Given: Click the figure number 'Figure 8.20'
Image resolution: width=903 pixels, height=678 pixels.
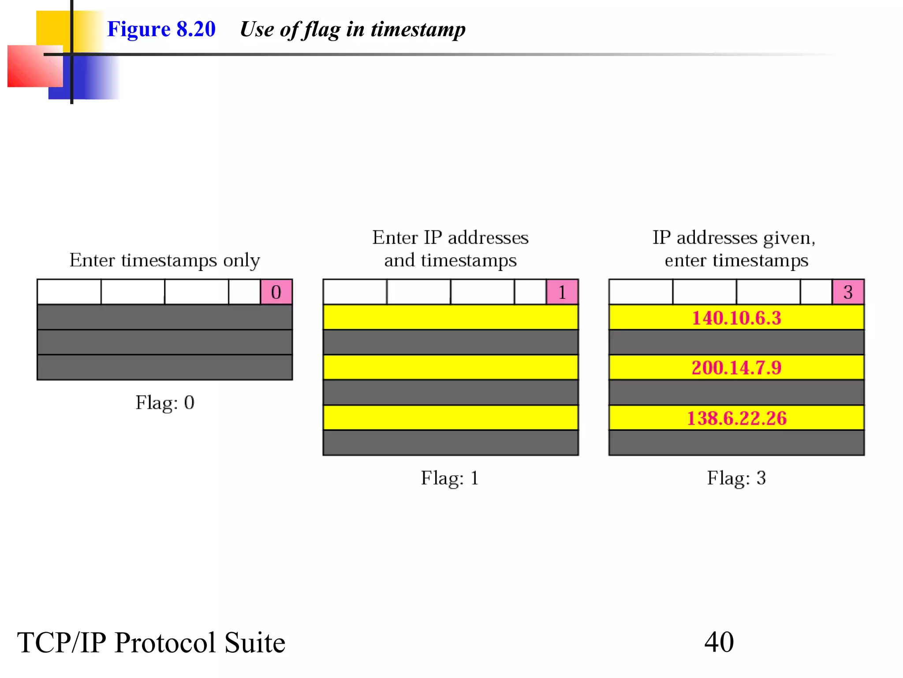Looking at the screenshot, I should pos(161,29).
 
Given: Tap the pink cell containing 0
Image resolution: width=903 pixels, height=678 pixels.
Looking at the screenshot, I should pos(276,292).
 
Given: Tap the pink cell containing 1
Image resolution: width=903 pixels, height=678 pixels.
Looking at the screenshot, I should pos(562,292).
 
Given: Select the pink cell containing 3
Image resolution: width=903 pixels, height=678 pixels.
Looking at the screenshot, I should pos(847,292).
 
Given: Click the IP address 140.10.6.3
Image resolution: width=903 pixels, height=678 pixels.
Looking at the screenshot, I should pos(736,318).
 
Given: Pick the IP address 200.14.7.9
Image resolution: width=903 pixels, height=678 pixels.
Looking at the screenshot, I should pos(736,368).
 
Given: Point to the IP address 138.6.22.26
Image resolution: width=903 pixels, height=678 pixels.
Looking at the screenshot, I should pos(736,418).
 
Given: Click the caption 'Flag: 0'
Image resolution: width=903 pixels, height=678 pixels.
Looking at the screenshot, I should pos(165,403).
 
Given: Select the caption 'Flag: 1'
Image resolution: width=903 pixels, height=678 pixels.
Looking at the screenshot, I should pos(450,478).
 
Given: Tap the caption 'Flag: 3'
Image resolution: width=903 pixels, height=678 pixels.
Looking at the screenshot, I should pos(736,478).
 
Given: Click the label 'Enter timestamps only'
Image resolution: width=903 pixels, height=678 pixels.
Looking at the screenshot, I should pos(165,260).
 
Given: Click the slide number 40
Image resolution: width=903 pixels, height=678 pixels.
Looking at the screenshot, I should pos(719,642).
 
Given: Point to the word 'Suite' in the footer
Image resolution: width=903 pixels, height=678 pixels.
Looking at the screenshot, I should pos(254,643).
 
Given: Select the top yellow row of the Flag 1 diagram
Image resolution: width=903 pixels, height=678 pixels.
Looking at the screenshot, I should pos(450,317).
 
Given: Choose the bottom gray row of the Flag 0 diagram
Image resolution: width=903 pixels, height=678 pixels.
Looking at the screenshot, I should pos(165,367).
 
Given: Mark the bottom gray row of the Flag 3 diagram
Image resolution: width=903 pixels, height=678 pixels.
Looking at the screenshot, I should pos(736,443).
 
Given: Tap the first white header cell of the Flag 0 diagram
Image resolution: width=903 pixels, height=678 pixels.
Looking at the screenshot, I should pos(69,292).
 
